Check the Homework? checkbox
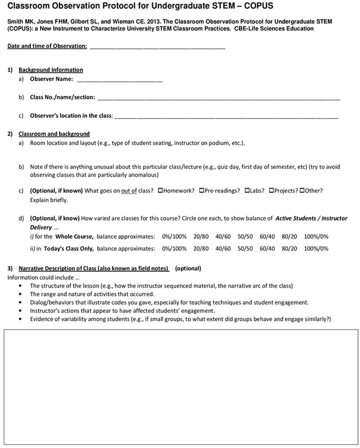click(x=161, y=191)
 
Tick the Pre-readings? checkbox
click(x=200, y=191)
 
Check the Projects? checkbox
click(x=271, y=191)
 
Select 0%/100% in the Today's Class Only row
click(x=174, y=247)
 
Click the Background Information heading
click(x=51, y=70)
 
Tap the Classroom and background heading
click(x=54, y=134)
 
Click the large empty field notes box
click(x=180, y=388)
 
